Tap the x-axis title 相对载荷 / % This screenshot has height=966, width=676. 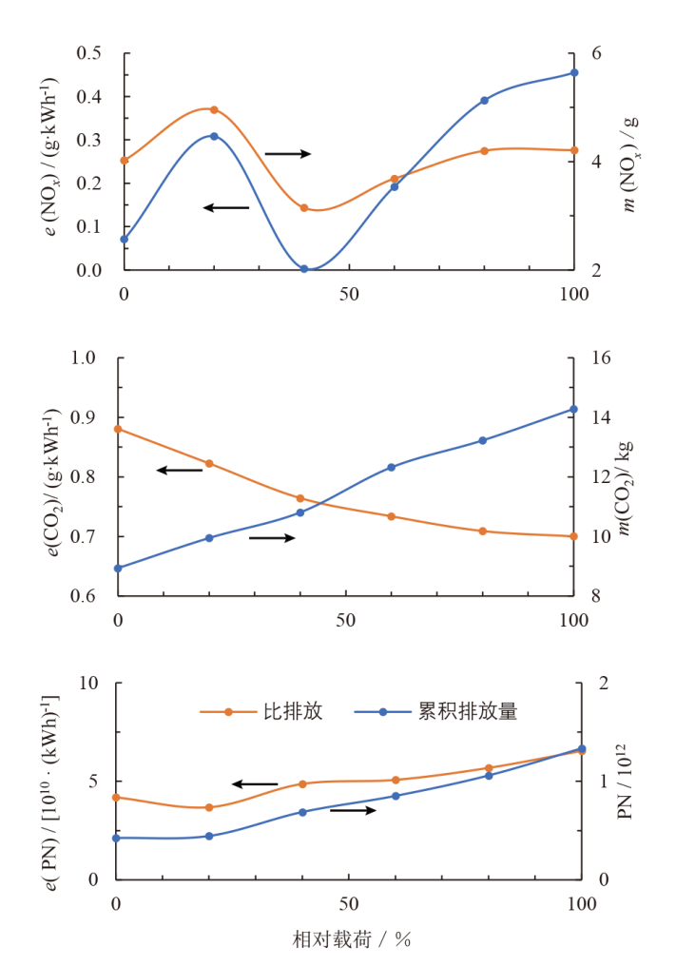click(x=351, y=940)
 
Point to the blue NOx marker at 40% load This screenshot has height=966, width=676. click(x=304, y=269)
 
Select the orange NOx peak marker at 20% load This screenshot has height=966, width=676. click(x=214, y=109)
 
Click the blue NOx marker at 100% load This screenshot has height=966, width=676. click(x=574, y=72)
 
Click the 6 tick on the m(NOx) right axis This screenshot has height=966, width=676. click(x=595, y=53)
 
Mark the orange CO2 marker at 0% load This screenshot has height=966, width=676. click(x=118, y=429)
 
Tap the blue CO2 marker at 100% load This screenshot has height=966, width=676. click(x=573, y=409)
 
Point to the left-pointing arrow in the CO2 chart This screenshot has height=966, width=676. click(x=180, y=470)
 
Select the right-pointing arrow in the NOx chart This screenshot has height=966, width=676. click(x=287, y=153)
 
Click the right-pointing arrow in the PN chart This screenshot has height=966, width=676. click(x=353, y=810)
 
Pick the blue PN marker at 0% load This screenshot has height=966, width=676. click(x=117, y=838)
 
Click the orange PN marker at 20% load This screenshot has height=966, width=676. click(x=209, y=807)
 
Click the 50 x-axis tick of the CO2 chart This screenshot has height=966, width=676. click(x=345, y=620)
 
